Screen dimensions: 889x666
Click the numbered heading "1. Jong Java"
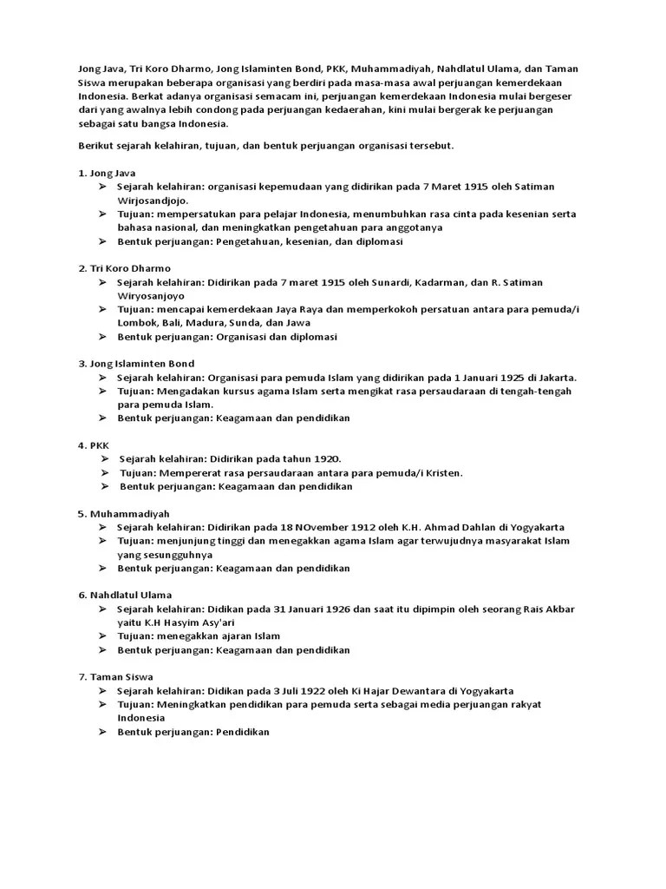click(108, 173)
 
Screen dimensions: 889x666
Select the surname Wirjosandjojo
click(149, 200)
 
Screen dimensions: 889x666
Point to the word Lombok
click(135, 323)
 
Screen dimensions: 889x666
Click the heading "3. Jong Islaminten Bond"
click(136, 364)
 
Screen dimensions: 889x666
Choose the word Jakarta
click(556, 378)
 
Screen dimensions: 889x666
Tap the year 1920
click(325, 459)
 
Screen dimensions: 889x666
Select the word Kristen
click(443, 473)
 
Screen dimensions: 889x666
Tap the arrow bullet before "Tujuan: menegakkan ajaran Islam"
click(101, 636)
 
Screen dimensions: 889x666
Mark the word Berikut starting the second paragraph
click(95, 146)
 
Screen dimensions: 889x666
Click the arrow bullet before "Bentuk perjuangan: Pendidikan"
click(101, 732)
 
